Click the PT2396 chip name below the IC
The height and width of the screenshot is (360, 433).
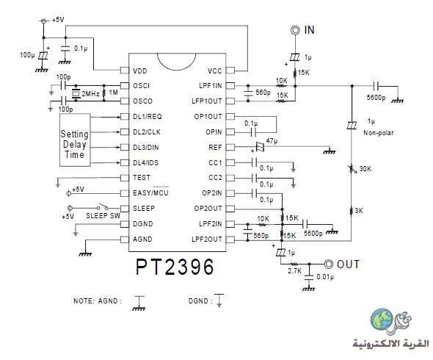(x=175, y=267)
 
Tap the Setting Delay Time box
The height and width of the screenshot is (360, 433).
(x=75, y=140)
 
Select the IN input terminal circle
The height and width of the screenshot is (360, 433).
(x=295, y=30)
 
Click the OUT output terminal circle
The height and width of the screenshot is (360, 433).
(x=328, y=264)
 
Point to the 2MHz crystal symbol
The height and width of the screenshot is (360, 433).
(x=76, y=94)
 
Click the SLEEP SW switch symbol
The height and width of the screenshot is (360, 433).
(x=103, y=207)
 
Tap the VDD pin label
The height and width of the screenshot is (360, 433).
(x=140, y=71)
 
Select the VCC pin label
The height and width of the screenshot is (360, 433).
(x=214, y=71)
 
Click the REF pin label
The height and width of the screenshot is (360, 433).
(x=215, y=148)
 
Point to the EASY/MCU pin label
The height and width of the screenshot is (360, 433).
(x=150, y=192)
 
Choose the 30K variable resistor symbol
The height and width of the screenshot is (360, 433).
(x=352, y=168)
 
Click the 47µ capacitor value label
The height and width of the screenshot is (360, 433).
(x=272, y=141)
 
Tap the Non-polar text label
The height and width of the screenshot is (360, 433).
(x=378, y=133)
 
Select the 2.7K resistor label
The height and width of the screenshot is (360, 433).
(x=294, y=271)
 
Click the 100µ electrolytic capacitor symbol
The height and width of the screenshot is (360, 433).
(x=43, y=56)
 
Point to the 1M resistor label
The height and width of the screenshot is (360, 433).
(x=114, y=92)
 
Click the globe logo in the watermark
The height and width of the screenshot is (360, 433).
(x=382, y=320)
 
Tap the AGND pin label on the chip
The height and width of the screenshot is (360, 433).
(x=142, y=240)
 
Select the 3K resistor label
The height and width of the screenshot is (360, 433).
(x=359, y=211)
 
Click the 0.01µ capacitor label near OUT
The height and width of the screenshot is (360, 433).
(x=325, y=277)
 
